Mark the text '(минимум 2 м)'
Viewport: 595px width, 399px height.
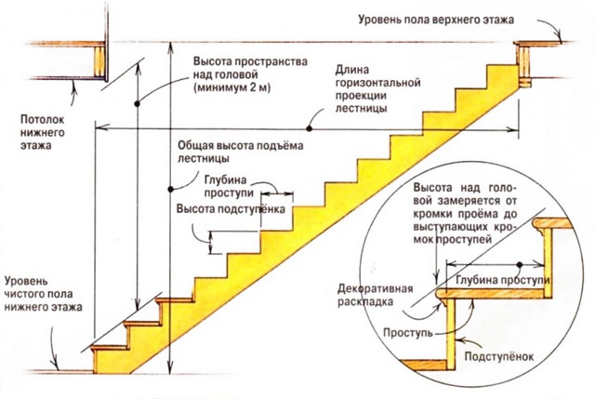pos(234,89)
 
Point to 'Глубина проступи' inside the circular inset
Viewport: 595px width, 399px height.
pos(498,279)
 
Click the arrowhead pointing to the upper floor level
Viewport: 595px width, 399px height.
pos(561,38)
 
